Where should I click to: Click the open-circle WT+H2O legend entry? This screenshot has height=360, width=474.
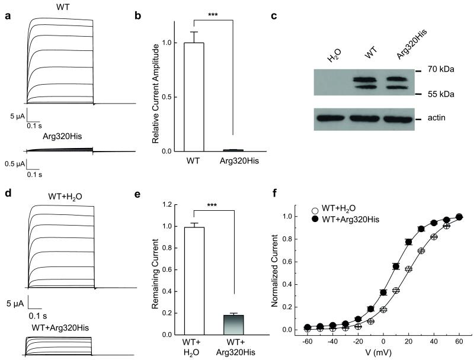click(x=336, y=209)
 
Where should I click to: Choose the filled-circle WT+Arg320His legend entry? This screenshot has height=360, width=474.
click(x=347, y=219)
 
